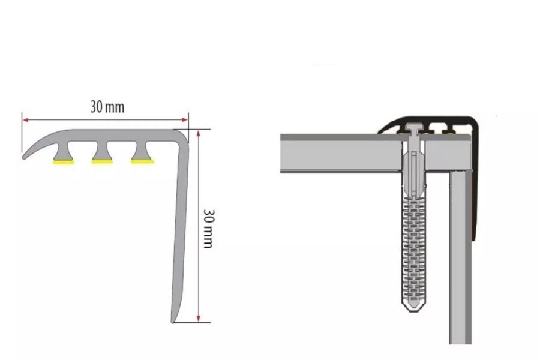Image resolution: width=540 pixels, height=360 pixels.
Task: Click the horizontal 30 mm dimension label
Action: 107,107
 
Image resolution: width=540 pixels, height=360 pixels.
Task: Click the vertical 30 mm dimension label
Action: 208,229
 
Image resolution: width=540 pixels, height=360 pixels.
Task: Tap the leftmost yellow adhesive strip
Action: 64,162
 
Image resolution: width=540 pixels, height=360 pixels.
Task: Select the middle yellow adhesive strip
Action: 102,161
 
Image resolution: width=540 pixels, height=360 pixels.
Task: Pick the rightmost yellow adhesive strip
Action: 142,161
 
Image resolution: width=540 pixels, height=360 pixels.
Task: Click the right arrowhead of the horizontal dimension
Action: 185,120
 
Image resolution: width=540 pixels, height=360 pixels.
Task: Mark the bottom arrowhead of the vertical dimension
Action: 198,319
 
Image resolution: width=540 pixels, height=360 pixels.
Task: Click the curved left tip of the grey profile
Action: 24,157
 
